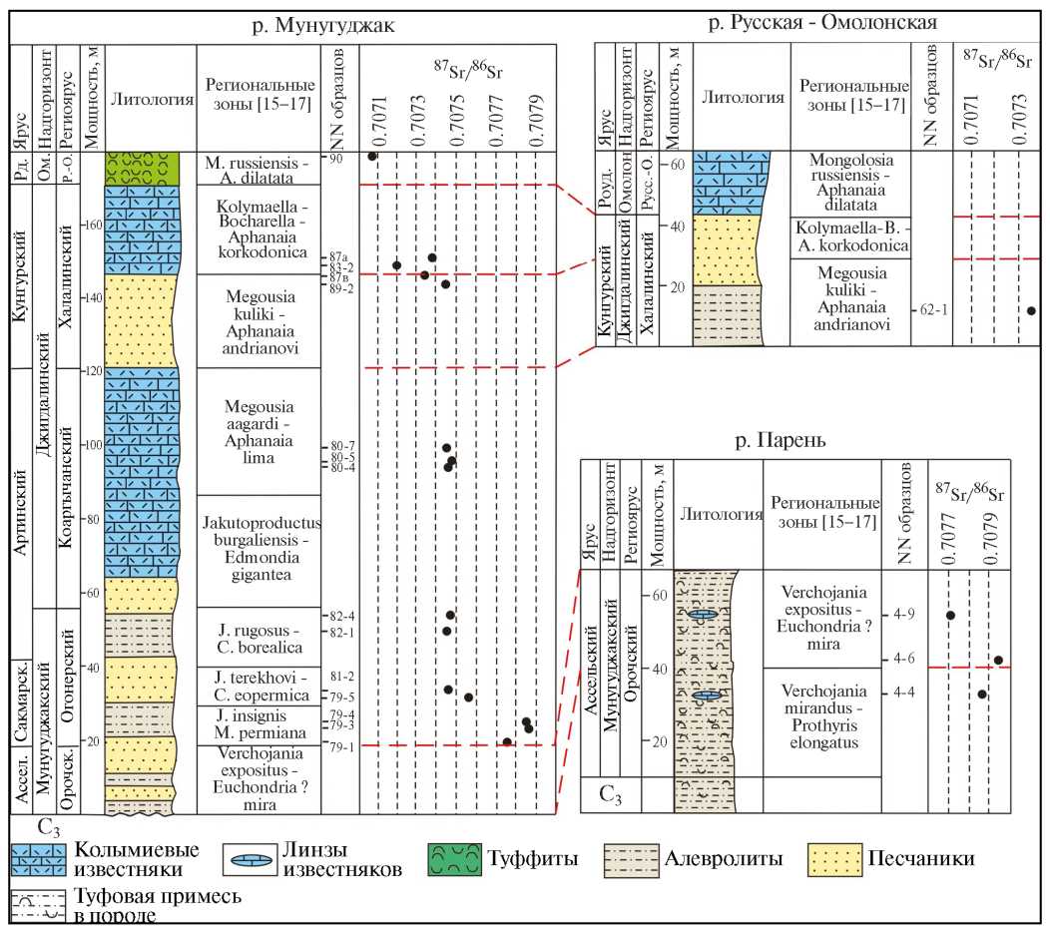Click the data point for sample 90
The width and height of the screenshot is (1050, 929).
[372, 157]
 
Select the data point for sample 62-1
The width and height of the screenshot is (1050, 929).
[1031, 310]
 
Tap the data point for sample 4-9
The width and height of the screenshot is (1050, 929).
[950, 615]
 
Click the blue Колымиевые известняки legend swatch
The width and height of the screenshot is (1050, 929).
[38, 859]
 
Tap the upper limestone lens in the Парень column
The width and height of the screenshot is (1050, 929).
[705, 615]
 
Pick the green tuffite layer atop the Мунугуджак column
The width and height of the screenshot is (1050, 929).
[142, 166]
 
